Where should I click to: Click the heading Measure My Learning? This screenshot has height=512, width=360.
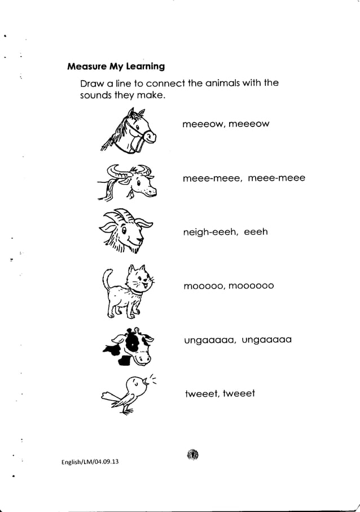pos(116,67)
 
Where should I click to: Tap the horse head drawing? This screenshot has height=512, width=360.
pos(129,132)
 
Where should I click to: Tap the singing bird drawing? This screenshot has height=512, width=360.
pos(128,393)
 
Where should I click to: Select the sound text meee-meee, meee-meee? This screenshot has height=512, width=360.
pos(244,178)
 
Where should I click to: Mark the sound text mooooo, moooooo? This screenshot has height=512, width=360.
pos(229,286)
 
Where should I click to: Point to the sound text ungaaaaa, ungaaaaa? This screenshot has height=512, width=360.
pos(238,340)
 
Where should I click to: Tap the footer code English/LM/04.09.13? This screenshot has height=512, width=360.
pos(90,462)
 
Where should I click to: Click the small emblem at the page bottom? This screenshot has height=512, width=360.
pos(192,454)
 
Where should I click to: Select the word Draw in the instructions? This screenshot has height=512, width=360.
pos(91,84)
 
